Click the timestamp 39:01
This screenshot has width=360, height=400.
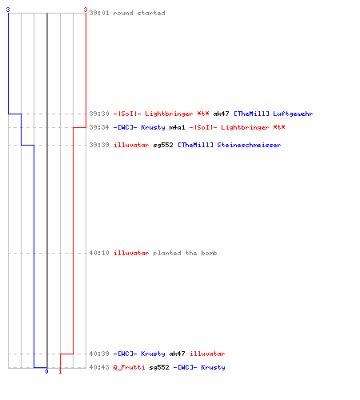[x=99, y=13]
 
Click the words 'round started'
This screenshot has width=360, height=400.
[x=139, y=13]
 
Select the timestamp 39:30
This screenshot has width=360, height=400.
[x=99, y=114]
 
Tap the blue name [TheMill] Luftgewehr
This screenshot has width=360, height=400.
[x=274, y=114]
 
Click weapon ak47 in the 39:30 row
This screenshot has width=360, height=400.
[x=221, y=114]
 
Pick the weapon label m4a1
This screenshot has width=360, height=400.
[x=177, y=127]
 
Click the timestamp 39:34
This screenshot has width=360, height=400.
[x=99, y=127]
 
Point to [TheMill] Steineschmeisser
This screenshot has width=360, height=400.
[x=230, y=145]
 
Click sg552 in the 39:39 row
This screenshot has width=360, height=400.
[x=163, y=145]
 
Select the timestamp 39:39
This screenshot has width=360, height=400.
[x=99, y=145]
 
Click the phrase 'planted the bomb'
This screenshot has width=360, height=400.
[x=185, y=253]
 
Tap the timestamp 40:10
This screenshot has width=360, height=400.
[x=99, y=253]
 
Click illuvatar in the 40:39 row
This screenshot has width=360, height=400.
[x=207, y=354]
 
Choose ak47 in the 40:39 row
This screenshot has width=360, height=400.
[x=177, y=354]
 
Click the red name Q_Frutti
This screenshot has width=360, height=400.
[x=129, y=367]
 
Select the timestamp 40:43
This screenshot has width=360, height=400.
[x=99, y=367]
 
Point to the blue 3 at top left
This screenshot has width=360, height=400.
[x=8, y=10]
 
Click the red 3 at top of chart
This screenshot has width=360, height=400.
[x=86, y=10]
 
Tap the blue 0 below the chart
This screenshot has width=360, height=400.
[x=46, y=371]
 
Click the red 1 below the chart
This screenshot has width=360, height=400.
[x=60, y=371]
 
